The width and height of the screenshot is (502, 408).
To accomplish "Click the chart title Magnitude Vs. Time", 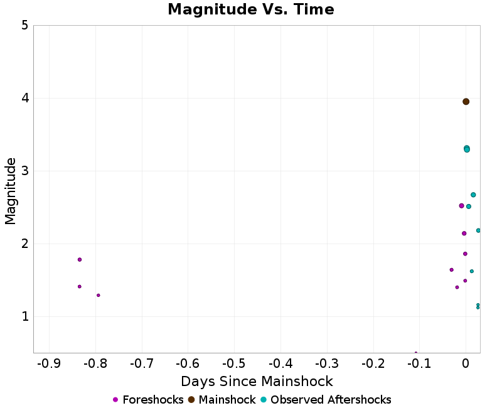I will pyautogui.click(x=251, y=10).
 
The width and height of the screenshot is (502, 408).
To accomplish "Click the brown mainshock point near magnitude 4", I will pyautogui.click(x=466, y=102).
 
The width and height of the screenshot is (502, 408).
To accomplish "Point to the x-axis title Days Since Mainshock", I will pyautogui.click(x=257, y=381).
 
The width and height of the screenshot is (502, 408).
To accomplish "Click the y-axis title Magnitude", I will pyautogui.click(x=11, y=191).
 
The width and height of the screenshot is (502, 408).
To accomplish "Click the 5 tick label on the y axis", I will pyautogui.click(x=24, y=26).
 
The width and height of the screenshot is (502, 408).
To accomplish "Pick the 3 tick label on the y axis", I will pyautogui.click(x=24, y=171).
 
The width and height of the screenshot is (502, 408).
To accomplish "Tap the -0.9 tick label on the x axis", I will pyautogui.click(x=49, y=364).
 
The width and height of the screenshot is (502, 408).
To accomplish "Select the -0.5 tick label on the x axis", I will pyautogui.click(x=234, y=364).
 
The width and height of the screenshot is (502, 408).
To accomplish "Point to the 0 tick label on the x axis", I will pyautogui.click(x=466, y=364).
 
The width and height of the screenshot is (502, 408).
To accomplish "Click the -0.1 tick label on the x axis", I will pyautogui.click(x=419, y=364).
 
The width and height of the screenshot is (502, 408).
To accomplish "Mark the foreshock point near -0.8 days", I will pyautogui.click(x=99, y=295).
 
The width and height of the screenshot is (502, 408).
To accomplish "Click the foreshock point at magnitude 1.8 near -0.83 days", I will pyautogui.click(x=80, y=259).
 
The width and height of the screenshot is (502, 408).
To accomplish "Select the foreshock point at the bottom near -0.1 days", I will pyautogui.click(x=416, y=353).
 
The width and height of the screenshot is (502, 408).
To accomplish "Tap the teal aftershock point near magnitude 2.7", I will pyautogui.click(x=473, y=195).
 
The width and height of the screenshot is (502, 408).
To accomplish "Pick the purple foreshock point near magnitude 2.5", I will pyautogui.click(x=461, y=206).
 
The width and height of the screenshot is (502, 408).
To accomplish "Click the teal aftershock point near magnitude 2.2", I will pyautogui.click(x=478, y=230).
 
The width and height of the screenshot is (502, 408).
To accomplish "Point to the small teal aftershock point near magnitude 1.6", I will pyautogui.click(x=472, y=271).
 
